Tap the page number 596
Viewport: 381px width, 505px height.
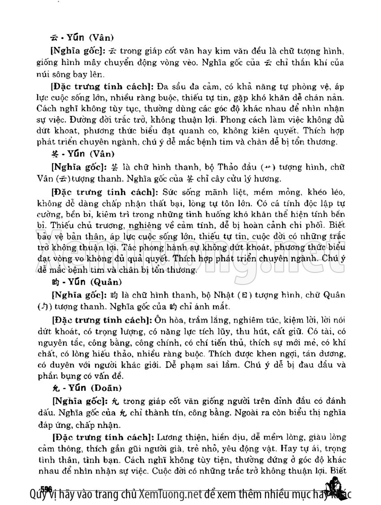pos(46,488)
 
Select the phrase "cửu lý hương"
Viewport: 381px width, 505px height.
pos(254,178)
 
